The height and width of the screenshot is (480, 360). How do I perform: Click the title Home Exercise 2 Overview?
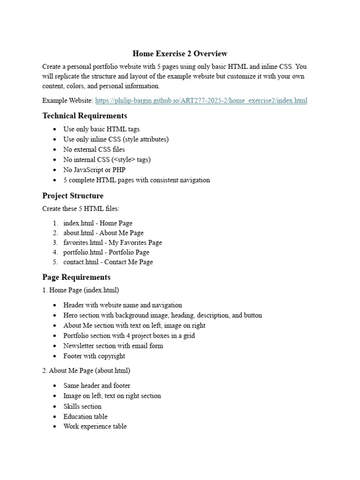coord(180,53)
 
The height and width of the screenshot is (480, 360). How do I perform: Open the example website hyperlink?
coord(201,101)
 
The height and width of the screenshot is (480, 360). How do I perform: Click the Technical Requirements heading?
coord(84,115)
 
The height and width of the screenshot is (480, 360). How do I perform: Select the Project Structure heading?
coord(73,195)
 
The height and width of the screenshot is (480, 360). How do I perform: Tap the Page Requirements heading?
coord(76,277)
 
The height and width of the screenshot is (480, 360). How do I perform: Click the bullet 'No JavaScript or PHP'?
coord(94,170)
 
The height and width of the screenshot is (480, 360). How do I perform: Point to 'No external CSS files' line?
coord(94,150)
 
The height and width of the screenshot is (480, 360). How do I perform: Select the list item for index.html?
coord(97,223)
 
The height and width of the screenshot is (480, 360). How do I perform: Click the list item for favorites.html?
coord(112,242)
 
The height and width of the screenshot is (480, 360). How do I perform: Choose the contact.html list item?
coord(108,262)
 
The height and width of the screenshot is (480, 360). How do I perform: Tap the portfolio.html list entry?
coord(106,252)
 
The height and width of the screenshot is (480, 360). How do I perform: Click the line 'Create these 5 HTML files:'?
coord(81,209)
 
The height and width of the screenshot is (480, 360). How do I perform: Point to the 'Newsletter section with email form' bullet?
coord(113,346)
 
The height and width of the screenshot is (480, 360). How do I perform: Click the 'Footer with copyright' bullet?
coord(94,356)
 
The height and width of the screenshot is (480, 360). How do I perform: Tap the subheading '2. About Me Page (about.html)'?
coord(86,370)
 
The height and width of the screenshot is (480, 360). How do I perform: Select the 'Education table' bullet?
coord(85,416)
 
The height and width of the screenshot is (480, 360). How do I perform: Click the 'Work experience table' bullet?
coord(95,427)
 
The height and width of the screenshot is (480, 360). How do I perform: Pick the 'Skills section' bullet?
coord(82,406)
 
